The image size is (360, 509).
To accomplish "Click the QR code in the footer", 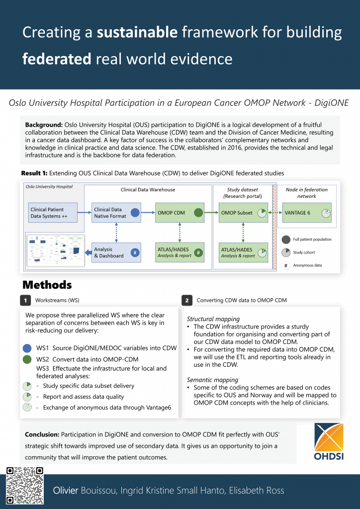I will (24, 486).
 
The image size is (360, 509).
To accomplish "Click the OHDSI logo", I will (329, 441).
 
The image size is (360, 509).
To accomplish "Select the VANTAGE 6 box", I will (307, 213).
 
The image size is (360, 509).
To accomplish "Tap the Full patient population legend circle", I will (285, 239).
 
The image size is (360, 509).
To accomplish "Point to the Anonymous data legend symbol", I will (285, 265).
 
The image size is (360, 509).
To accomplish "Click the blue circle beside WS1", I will (27, 348).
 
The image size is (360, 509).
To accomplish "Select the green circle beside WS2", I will (27, 359).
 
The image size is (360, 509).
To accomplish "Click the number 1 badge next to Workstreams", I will (25, 301).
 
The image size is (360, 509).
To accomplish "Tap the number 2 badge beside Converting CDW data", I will (186, 301).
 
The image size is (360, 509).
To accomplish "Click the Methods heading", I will (47, 285).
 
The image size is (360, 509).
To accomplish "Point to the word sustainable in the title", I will (137, 33).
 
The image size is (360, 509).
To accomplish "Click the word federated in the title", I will (57, 59).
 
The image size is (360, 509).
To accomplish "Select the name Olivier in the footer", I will (66, 491).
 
